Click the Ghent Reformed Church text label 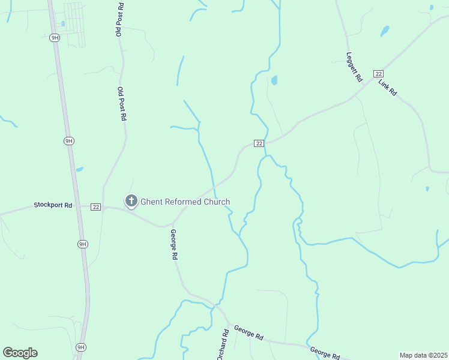(x=185, y=202)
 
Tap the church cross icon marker (x=131, y=201)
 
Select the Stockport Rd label (x=53, y=205)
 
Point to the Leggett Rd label (x=355, y=67)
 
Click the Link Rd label (x=388, y=87)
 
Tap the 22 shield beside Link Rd (x=378, y=73)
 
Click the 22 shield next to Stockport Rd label (x=95, y=207)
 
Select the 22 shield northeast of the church (x=259, y=143)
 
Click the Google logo (x=20, y=353)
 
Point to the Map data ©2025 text (x=423, y=355)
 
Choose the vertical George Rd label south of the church (x=174, y=244)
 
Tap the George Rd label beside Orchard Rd (x=249, y=333)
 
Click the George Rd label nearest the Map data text (x=325, y=352)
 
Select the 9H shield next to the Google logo (x=80, y=347)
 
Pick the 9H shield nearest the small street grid (x=55, y=37)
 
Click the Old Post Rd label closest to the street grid (x=119, y=19)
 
